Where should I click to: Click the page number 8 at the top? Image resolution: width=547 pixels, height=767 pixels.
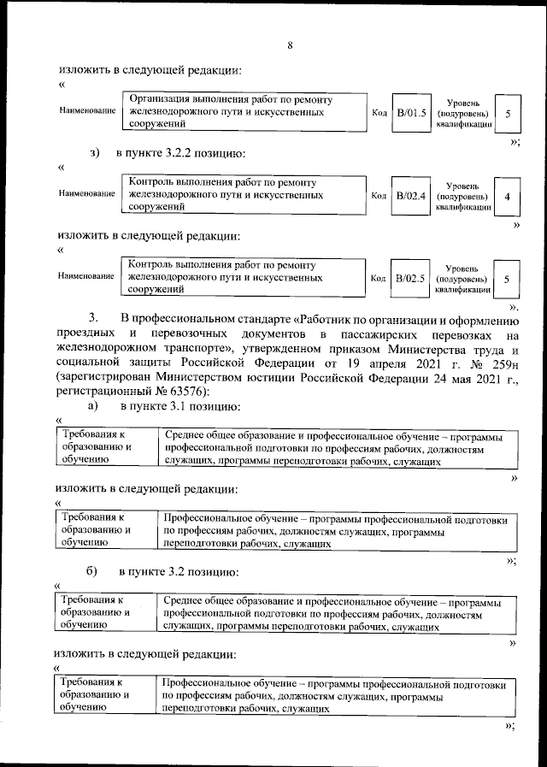pos(290,45)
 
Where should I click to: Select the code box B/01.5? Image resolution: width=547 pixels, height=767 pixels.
pos(410,113)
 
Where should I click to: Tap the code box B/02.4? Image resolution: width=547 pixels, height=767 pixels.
pos(410,197)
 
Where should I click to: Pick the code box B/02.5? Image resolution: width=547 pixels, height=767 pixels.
pos(410,279)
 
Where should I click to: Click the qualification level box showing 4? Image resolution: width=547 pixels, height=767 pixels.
pos(507,197)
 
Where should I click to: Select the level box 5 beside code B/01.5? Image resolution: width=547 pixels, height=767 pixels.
pos(508,113)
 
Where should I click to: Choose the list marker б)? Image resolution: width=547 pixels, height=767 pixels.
pos(91,570)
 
